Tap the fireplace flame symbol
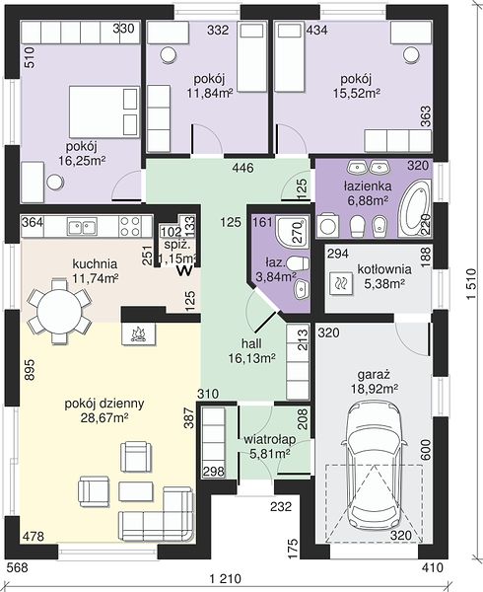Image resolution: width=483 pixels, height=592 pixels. (x=138, y=333)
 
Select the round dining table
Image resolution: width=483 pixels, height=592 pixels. (x=59, y=312)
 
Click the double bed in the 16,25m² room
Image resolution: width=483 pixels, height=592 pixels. (x=104, y=111)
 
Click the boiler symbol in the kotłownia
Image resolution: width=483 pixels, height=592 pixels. (x=341, y=283)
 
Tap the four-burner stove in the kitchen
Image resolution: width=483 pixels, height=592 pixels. (x=130, y=226)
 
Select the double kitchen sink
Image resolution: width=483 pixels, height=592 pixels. (x=82, y=227)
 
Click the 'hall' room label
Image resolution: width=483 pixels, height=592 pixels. (x=252, y=343)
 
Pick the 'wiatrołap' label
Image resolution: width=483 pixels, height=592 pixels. (x=269, y=439)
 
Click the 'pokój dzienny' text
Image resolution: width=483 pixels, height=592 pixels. (x=104, y=404)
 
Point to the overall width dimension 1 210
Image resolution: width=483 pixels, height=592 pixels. (x=225, y=578)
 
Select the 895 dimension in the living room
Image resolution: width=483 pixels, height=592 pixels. (x=31, y=370)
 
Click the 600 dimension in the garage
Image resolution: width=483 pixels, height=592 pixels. (x=425, y=449)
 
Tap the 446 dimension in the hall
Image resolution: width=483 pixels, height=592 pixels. (x=242, y=168)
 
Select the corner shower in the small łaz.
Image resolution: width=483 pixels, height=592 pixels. (x=292, y=232)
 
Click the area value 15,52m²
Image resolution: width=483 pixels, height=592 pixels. (x=356, y=93)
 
